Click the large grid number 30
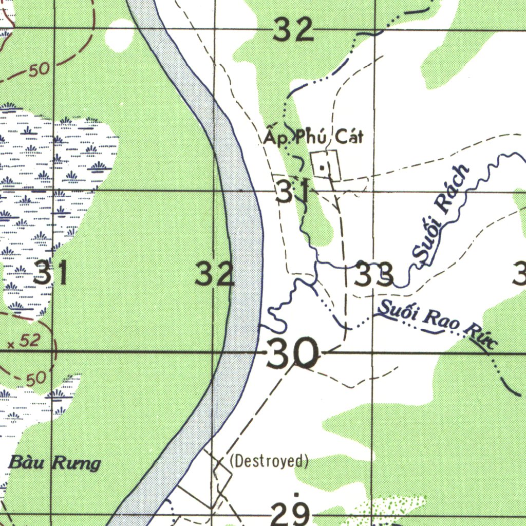(292, 354)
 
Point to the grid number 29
(291, 513)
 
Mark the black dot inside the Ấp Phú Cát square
(322, 167)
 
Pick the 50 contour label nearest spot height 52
(35, 379)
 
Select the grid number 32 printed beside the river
(215, 274)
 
